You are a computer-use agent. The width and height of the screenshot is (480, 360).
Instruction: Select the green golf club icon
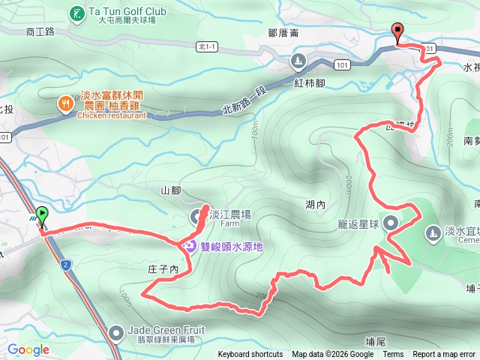point(76,13)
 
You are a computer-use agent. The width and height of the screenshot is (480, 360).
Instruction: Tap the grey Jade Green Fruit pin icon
point(116,331)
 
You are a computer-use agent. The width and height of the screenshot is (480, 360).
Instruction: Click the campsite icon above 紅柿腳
point(299,60)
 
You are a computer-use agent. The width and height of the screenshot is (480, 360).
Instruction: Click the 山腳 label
point(171,190)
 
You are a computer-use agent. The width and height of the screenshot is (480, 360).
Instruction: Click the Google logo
point(28,349)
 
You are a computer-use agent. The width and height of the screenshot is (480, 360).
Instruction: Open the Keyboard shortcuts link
point(250,355)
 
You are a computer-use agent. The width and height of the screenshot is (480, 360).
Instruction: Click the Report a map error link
point(444,355)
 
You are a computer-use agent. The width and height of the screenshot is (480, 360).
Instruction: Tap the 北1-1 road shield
point(206,46)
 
